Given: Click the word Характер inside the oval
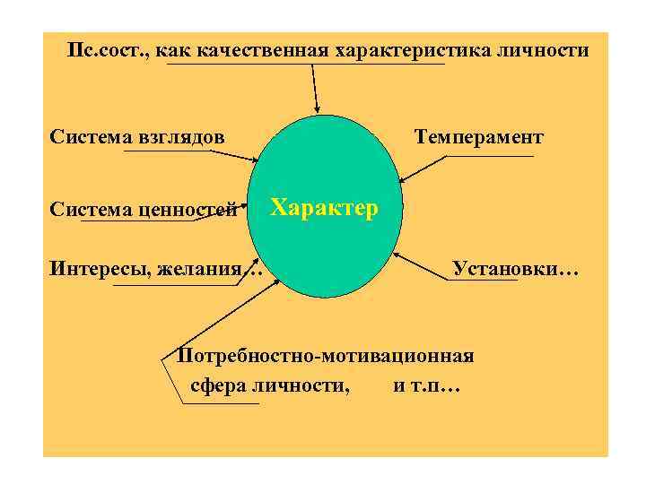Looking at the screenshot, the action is click(x=325, y=208).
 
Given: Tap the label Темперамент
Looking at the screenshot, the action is click(x=478, y=137).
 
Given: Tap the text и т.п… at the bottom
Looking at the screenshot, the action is click(x=426, y=386).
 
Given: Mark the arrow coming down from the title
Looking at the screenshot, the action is click(x=315, y=88).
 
